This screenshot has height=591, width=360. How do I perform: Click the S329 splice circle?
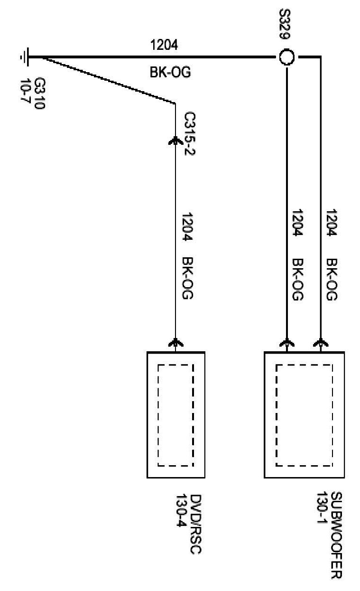pos(287,57)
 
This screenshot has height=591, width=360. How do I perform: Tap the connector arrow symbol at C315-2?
pos(175,141)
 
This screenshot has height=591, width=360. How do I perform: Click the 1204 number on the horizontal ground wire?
pos(164,45)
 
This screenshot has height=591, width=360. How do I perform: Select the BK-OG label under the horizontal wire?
pos(164,72)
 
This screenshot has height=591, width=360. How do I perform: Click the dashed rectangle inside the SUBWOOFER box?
pos(304,415)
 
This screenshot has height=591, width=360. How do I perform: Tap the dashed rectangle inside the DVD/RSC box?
pos(175,415)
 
